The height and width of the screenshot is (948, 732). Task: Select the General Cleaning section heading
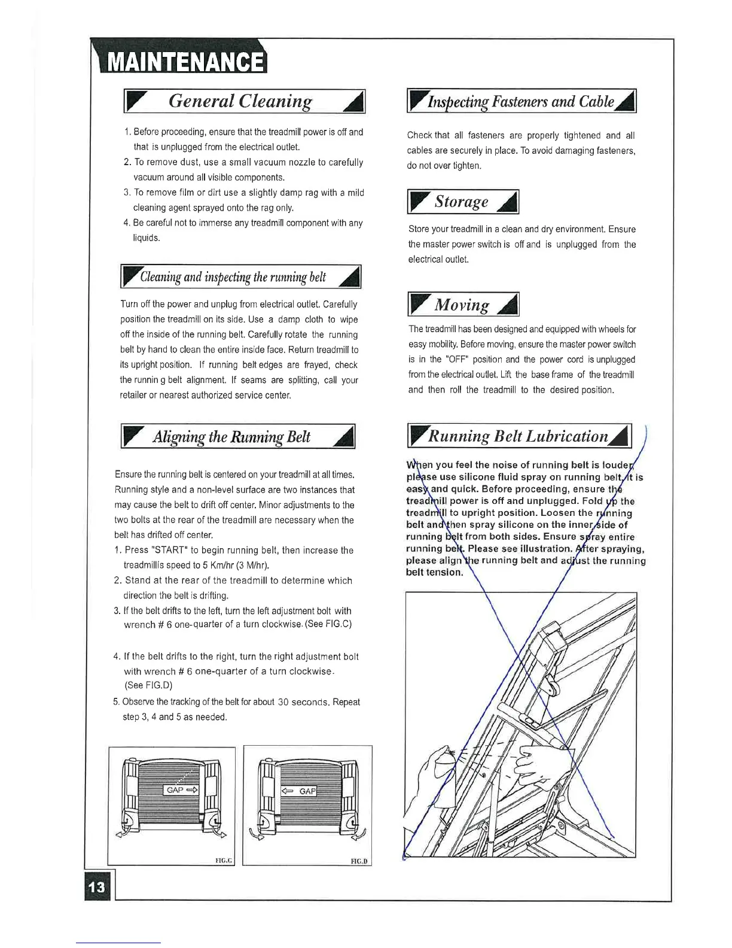(240, 101)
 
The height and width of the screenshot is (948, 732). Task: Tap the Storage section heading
(462, 202)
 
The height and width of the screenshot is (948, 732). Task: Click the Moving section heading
(462, 305)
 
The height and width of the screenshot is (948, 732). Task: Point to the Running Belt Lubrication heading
(518, 436)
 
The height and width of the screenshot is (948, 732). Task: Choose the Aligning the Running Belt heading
(232, 437)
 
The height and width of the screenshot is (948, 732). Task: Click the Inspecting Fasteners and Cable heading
(520, 102)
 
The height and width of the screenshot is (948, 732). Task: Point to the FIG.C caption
(223, 861)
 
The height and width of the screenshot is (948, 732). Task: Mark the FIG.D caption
(359, 861)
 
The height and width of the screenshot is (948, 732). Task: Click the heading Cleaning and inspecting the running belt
(233, 277)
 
